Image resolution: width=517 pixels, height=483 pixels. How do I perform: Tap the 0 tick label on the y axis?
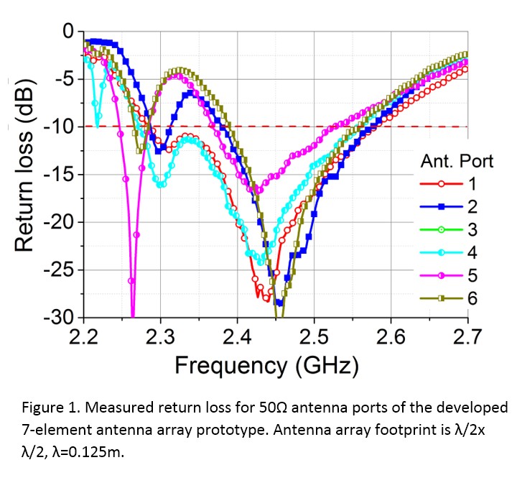(67, 32)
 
